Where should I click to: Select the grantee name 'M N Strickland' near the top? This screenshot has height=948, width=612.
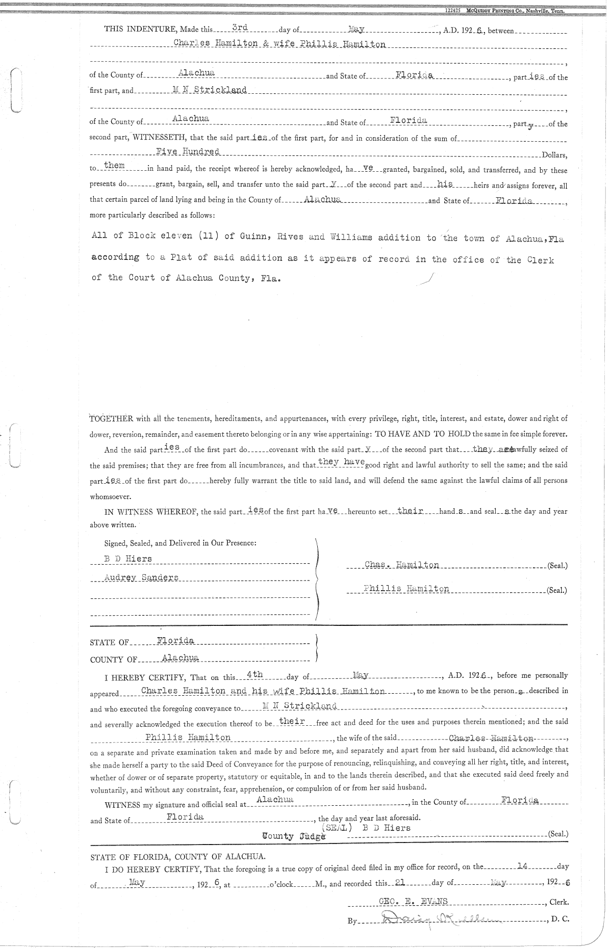pos(210,90)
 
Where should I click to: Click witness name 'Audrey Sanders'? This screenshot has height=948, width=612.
pos(141,577)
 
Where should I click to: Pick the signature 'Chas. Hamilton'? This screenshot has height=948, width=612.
pos(402,565)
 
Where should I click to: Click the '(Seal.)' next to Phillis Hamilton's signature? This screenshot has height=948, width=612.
pos(556,591)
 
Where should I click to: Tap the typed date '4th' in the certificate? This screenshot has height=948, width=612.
pos(254,674)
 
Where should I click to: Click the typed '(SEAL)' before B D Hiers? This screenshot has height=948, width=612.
pos(337,828)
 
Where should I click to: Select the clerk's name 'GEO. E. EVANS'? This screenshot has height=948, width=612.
pos(413,901)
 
